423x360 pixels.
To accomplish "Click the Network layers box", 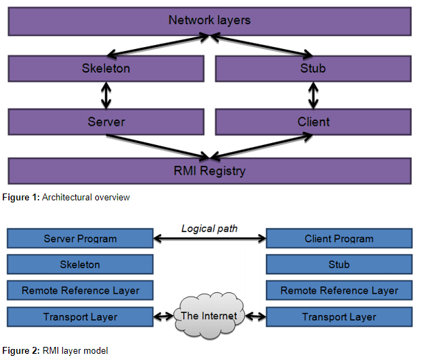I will pyautogui.click(x=209, y=21).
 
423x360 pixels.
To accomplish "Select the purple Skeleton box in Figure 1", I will pyautogui.click(x=106, y=68).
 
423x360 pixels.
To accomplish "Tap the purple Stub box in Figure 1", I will pyautogui.click(x=313, y=68).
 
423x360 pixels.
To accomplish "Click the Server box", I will pyautogui.click(x=106, y=122).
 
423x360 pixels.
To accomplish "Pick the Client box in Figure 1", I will pyautogui.click(x=313, y=122).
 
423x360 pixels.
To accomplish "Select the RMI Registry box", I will pyautogui.click(x=209, y=169).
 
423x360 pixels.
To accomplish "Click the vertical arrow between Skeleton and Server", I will pyautogui.click(x=106, y=95).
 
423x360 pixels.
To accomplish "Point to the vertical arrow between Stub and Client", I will pyautogui.click(x=313, y=95).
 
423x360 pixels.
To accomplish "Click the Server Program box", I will pyautogui.click(x=80, y=239).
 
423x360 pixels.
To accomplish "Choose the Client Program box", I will pyautogui.click(x=339, y=239).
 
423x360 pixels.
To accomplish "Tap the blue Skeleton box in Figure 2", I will pyautogui.click(x=80, y=265).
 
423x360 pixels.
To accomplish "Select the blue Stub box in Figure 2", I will pyautogui.click(x=339, y=265).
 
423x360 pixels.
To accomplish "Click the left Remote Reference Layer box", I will pyautogui.click(x=80, y=291).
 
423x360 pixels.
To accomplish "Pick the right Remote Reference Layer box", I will pyautogui.click(x=339, y=291).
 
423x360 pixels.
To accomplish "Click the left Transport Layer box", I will pyautogui.click(x=80, y=317).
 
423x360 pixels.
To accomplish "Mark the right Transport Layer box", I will pyautogui.click(x=339, y=317).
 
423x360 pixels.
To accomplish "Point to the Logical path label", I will pyautogui.click(x=209, y=228).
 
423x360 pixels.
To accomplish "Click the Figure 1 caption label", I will pyautogui.click(x=68, y=198).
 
